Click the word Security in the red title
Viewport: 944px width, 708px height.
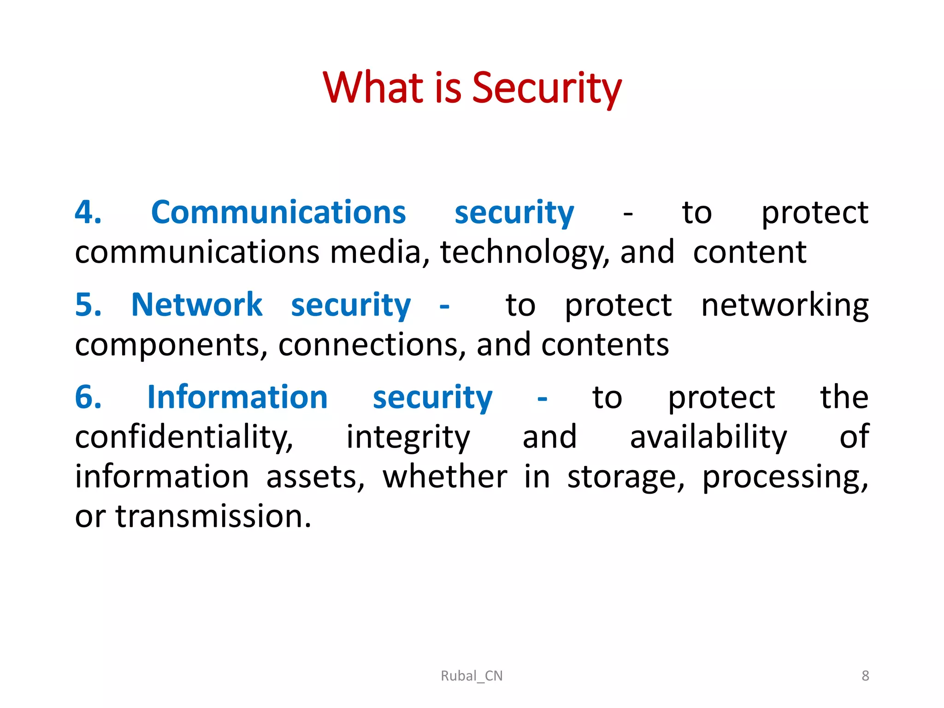click(547, 88)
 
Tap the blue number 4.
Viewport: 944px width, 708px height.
click(88, 213)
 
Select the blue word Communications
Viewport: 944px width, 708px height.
click(278, 213)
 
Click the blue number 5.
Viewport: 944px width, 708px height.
click(88, 305)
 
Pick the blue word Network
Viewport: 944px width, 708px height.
click(197, 305)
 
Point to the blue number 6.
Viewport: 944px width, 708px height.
click(88, 397)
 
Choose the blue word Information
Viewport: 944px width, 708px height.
click(237, 397)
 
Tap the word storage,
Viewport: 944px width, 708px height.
click(625, 478)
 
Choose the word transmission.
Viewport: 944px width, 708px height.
click(213, 516)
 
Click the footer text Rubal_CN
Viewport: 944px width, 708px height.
click(472, 676)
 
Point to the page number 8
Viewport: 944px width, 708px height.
click(865, 676)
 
